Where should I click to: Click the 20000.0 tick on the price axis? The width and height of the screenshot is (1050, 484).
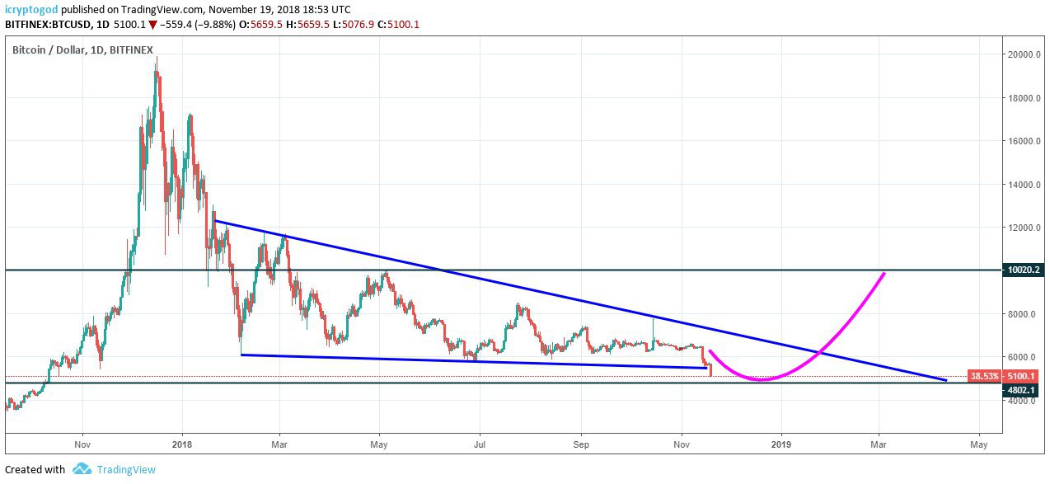click(1024, 55)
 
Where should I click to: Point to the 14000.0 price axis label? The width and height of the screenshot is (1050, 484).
click(1024, 185)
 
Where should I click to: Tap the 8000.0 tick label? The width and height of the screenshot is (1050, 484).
click(1024, 314)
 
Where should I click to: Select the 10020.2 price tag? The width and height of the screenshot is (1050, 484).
click(1024, 270)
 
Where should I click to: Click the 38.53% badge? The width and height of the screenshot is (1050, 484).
click(984, 376)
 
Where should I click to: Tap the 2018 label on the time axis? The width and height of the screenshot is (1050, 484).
click(182, 444)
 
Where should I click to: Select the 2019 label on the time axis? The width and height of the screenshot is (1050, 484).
click(781, 444)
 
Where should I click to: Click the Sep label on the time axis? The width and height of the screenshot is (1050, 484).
click(581, 444)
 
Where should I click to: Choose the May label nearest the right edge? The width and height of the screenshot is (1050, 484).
click(979, 444)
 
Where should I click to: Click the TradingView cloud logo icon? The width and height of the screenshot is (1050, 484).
click(81, 469)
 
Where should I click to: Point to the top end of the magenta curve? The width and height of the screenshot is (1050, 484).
click(884, 272)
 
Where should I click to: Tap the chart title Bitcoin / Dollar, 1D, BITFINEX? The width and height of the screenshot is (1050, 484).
click(82, 50)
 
